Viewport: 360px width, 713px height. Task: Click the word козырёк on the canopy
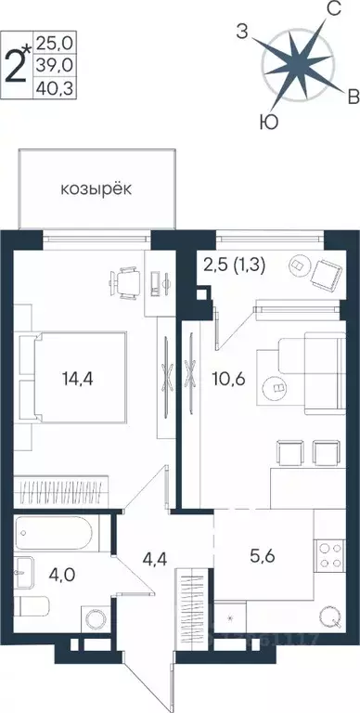(96, 188)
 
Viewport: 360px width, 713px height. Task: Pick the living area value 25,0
(54, 42)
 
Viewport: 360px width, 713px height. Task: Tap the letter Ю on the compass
(267, 121)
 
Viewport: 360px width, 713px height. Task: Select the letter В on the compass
(352, 97)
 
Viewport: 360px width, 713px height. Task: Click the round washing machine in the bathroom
(95, 619)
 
